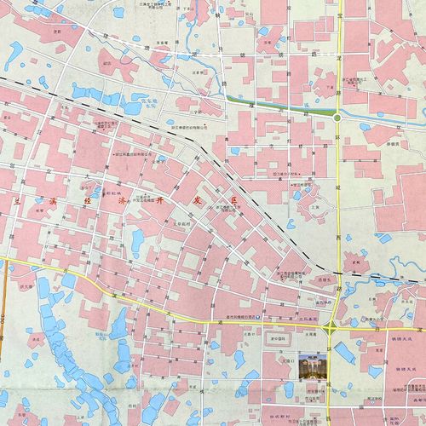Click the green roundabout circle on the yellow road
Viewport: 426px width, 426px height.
point(338,118)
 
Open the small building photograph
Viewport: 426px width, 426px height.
point(312,367)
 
